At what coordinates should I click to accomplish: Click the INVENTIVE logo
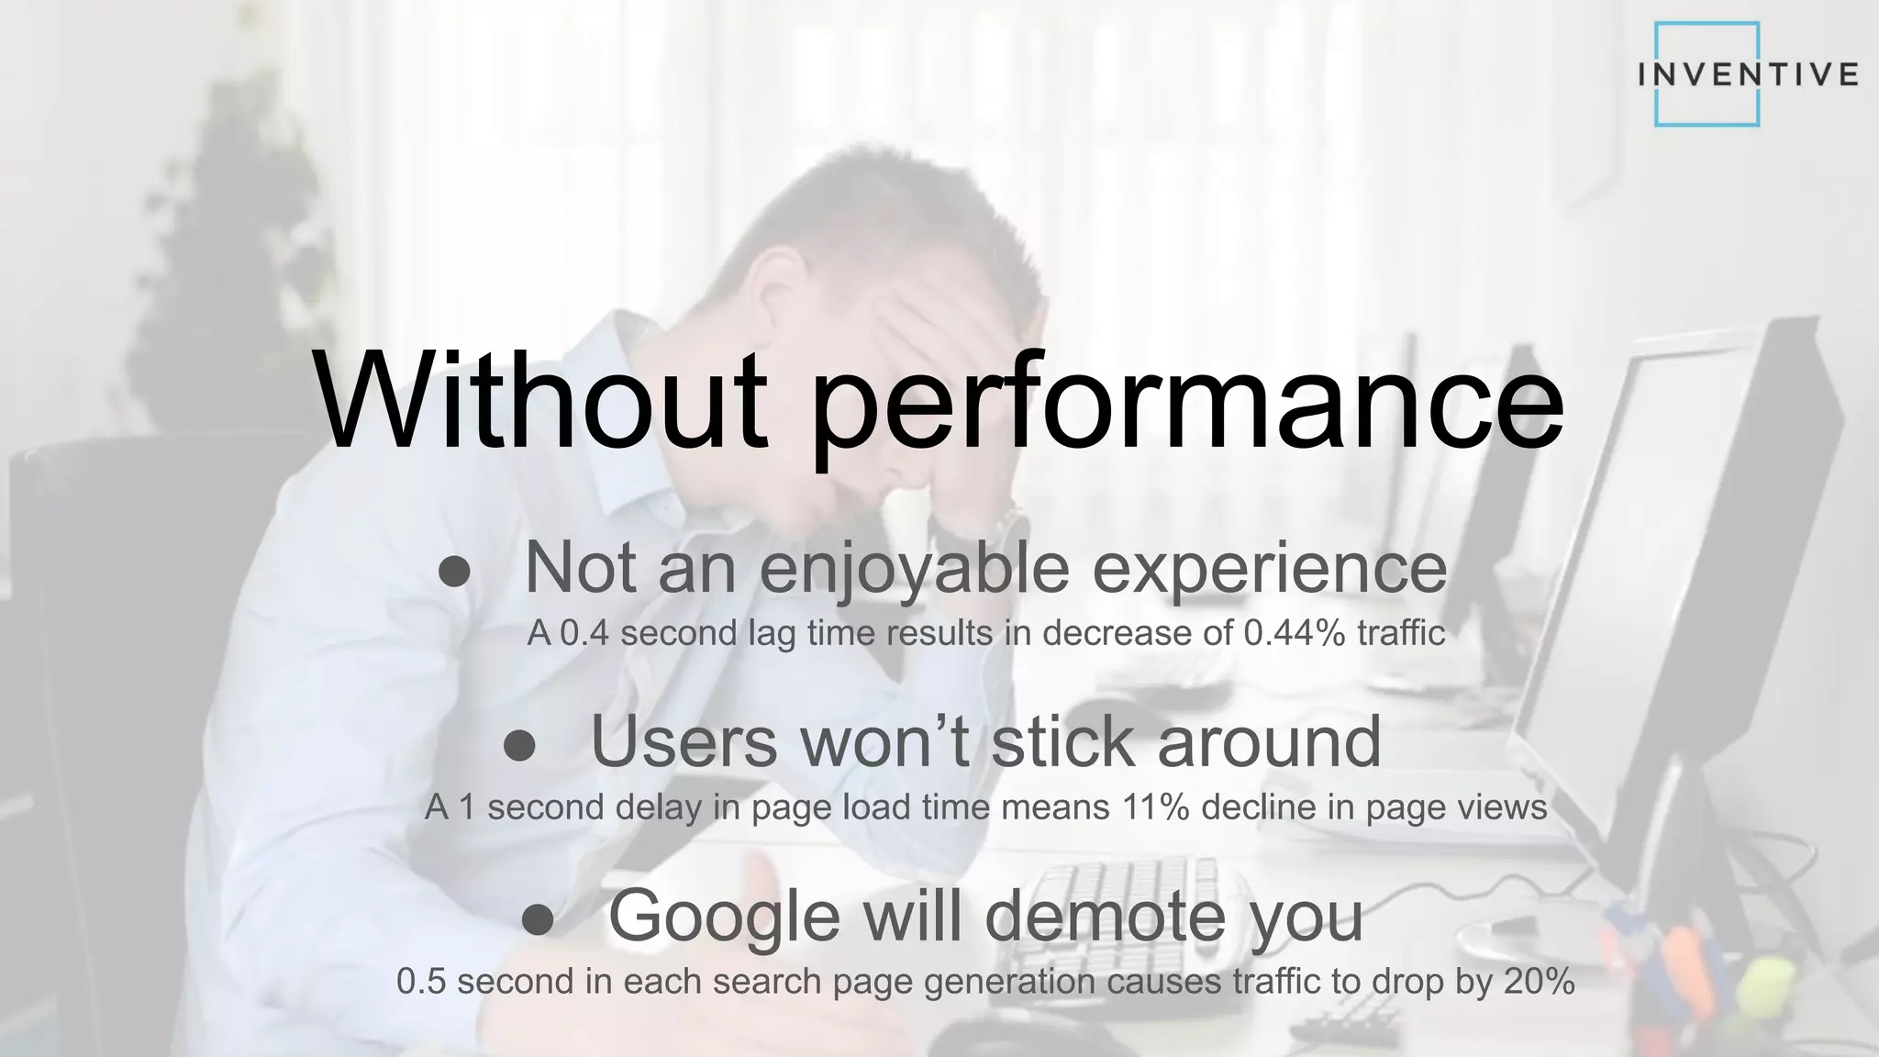[x=1747, y=74]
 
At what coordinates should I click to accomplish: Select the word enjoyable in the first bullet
[x=914, y=570]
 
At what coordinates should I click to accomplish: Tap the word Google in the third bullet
[x=724, y=917]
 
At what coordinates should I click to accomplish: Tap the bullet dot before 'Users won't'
[x=519, y=746]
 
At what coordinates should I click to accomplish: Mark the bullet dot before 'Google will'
[x=538, y=920]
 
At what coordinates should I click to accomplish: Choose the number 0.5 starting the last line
[x=421, y=982]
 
